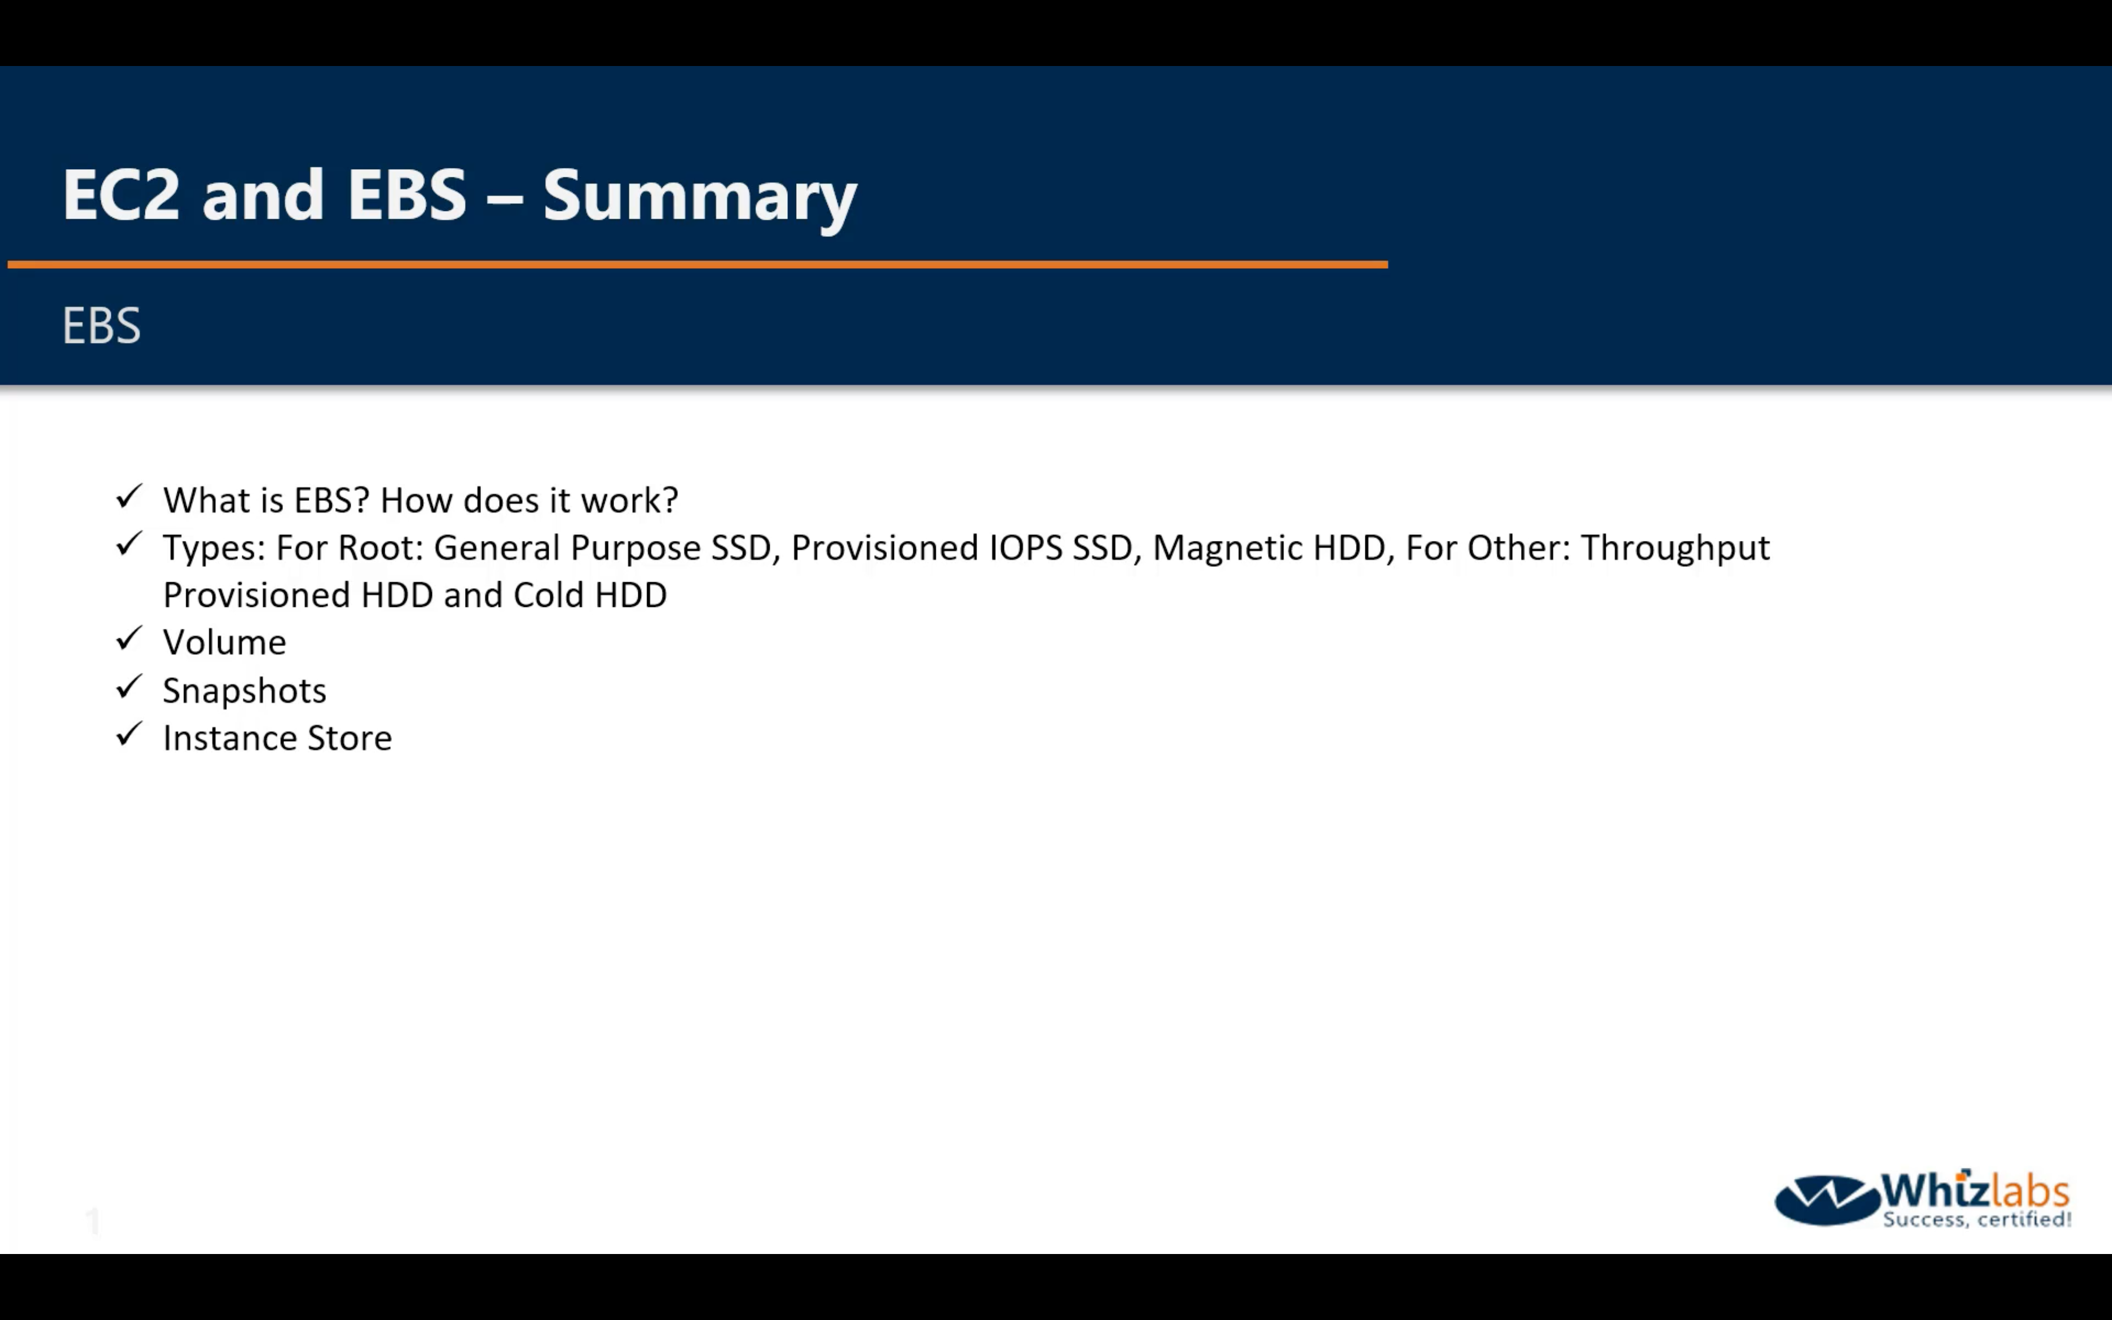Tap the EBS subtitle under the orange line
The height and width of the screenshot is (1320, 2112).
pos(101,326)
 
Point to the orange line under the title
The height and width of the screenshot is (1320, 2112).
pos(697,263)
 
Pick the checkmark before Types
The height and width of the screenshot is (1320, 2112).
pos(129,544)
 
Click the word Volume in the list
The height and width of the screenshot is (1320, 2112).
pos(225,642)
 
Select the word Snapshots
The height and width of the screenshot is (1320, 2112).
pos(245,691)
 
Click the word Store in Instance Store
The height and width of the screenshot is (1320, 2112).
pos(349,738)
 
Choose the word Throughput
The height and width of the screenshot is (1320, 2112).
pos(1676,548)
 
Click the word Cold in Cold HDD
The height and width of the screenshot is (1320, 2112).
pos(548,595)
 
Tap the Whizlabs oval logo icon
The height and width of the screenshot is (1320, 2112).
pos(1827,1199)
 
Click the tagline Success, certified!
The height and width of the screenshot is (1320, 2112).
pos(1976,1219)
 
